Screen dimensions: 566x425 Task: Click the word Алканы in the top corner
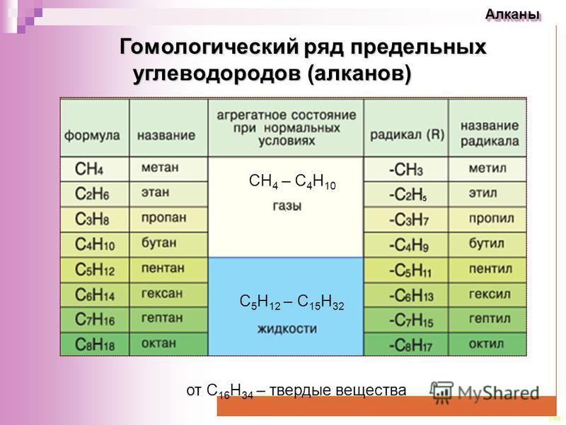pos(513,15)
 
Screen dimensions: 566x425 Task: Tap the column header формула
pos(92,135)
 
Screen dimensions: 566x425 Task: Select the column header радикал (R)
pos(407,135)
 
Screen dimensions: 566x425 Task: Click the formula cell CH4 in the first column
pos(89,169)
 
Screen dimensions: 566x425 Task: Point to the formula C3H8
pos(92,219)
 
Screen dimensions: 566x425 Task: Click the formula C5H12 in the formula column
pos(95,270)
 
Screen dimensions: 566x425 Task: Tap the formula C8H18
pos(95,344)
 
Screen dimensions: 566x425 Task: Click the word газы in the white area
pos(287,206)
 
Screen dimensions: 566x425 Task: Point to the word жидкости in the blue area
pos(287,329)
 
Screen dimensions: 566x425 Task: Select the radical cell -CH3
pos(405,169)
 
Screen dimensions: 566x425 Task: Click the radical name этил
pos(483,193)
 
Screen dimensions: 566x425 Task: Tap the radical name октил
pos(486,344)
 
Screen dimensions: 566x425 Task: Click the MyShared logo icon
pos(441,392)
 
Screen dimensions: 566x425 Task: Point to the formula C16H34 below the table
pos(230,392)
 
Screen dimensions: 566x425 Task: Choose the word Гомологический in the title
pos(209,47)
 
